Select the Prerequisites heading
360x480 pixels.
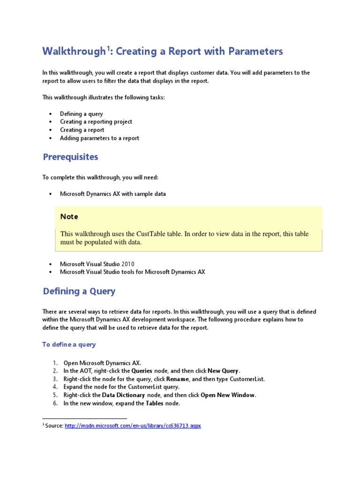pos(70,157)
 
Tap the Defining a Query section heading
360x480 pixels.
pos(79,292)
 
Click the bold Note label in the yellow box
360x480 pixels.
pos(69,217)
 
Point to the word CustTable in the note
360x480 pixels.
pos(151,234)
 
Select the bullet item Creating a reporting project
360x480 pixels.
pos(96,122)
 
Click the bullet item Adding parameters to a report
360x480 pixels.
pos(99,138)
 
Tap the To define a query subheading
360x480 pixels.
pos(69,345)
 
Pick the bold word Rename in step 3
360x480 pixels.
pos(178,379)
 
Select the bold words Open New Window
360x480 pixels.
pos(228,395)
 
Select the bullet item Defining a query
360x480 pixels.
pos(82,114)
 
